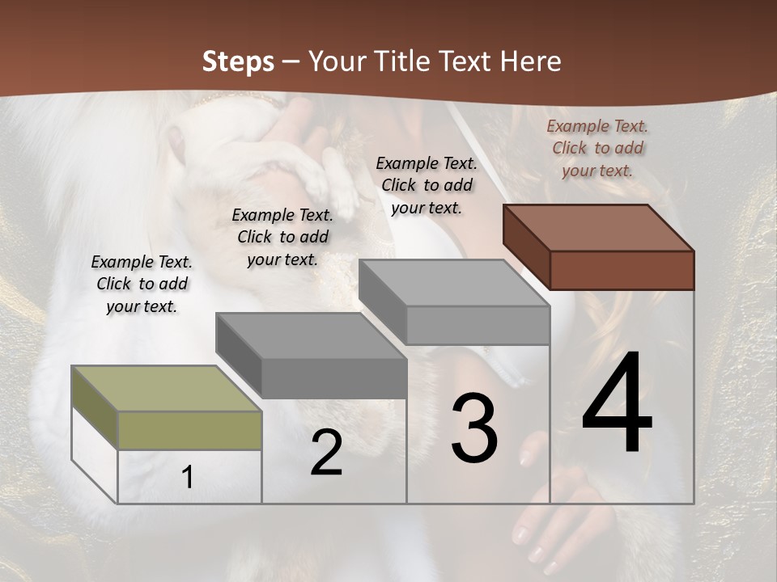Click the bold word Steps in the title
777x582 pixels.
[238, 61]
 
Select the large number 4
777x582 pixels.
[617, 403]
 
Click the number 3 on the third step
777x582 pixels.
[474, 428]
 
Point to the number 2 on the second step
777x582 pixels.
[326, 453]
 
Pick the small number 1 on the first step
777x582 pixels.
[188, 477]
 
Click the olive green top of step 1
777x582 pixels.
[166, 388]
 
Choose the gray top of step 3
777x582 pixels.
[453, 282]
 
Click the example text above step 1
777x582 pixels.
[142, 284]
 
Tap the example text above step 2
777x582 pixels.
[282, 237]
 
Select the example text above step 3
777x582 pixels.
[427, 185]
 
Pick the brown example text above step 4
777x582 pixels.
[597, 148]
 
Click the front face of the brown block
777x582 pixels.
[622, 270]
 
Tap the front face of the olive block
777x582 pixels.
[189, 430]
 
